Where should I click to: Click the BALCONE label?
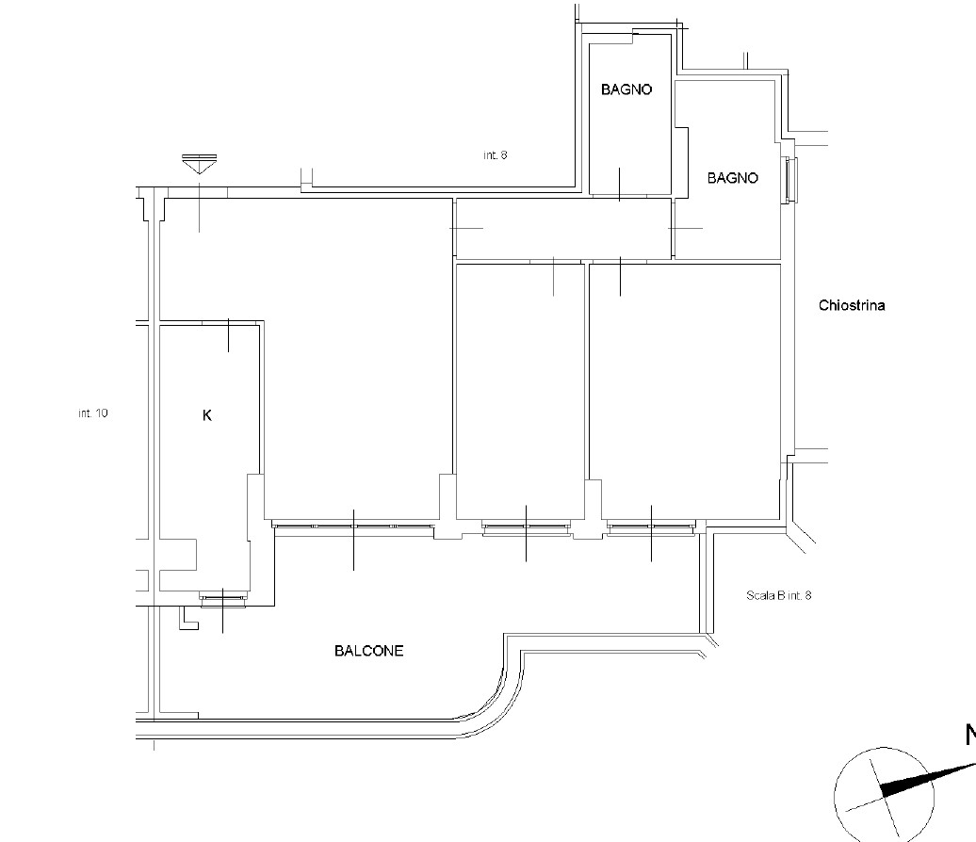(x=368, y=651)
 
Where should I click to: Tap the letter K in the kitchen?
(x=207, y=415)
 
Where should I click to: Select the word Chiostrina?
(x=852, y=305)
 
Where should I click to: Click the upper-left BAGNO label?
(x=626, y=89)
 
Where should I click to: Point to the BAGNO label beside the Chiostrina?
(x=733, y=179)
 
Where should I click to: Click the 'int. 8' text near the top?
(x=496, y=155)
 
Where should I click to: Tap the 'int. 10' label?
(x=93, y=413)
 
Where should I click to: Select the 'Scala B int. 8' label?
(x=779, y=595)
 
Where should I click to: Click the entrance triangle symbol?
(x=199, y=164)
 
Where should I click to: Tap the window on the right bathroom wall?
(x=790, y=180)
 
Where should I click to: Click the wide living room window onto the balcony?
(x=353, y=526)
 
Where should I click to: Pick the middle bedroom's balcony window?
(x=526, y=527)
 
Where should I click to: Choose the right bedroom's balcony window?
(x=651, y=527)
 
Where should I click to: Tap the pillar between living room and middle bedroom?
(x=447, y=507)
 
